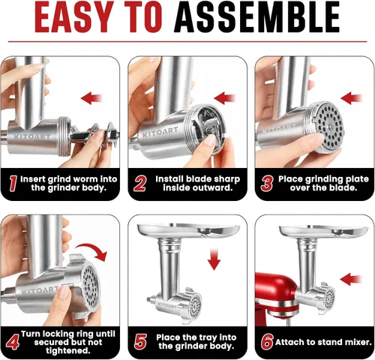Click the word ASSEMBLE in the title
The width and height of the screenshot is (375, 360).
(x=257, y=16)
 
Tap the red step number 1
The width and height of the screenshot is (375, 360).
(x=13, y=183)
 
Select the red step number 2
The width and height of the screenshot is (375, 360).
(x=139, y=183)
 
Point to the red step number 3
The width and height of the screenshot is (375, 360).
(x=267, y=183)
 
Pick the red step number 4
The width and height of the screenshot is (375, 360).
(x=13, y=342)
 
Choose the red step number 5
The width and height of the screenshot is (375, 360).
(x=140, y=342)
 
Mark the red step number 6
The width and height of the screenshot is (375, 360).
(x=267, y=342)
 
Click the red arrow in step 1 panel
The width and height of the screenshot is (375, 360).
(x=91, y=98)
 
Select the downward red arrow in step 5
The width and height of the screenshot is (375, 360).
(x=214, y=259)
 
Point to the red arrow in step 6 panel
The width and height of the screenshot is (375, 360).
(x=351, y=280)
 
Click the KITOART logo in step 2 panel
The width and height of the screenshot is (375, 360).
(x=160, y=132)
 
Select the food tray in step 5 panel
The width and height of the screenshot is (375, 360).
(x=188, y=230)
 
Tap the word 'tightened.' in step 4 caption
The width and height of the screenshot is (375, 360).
(x=68, y=351)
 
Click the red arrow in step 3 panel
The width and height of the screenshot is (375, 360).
(x=352, y=98)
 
